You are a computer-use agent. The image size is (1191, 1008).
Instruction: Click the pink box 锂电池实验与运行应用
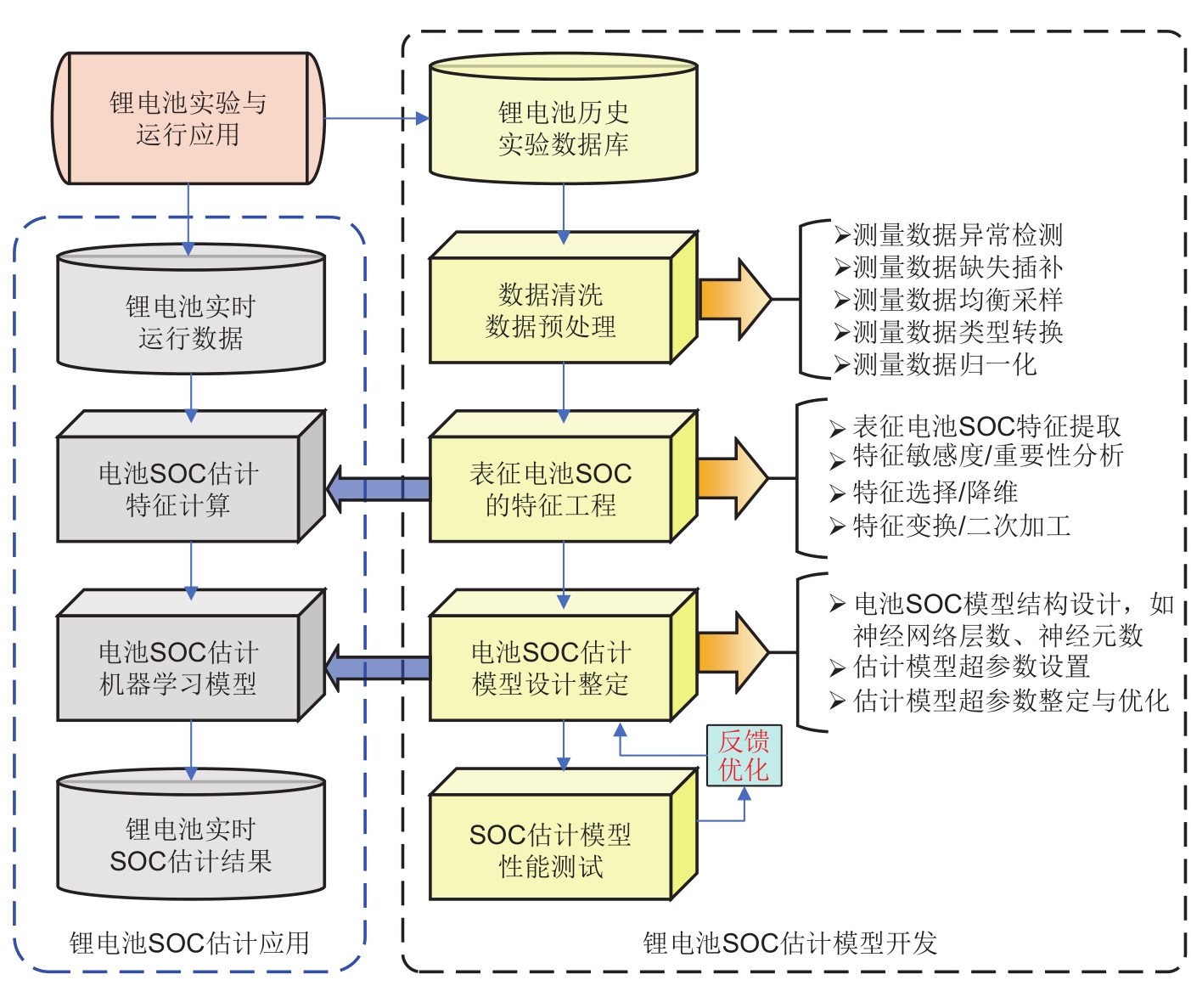(188, 119)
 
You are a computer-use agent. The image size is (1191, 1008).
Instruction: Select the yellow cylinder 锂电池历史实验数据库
(563, 127)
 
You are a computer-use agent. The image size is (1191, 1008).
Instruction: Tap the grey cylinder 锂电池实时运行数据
(190, 322)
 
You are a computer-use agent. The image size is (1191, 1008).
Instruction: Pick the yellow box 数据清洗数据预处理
(550, 310)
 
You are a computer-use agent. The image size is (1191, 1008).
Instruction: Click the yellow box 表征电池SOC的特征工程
(550, 489)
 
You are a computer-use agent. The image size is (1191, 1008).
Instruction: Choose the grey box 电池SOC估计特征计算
(178, 489)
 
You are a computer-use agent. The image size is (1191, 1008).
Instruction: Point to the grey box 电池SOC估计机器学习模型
(178, 668)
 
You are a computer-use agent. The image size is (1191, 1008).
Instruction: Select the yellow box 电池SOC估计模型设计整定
(550, 668)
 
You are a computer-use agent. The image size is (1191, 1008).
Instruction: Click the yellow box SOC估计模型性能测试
(550, 849)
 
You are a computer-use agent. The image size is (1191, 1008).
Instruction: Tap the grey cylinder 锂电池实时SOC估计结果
(190, 845)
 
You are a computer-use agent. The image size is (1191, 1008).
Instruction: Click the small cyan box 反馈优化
(744, 756)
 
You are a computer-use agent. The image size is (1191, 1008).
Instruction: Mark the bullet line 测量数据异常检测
(948, 234)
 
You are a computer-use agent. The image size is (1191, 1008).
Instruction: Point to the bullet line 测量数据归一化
(935, 364)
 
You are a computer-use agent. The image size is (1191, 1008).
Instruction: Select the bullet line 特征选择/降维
(925, 492)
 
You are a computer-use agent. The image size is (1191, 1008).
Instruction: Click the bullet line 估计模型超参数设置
(961, 667)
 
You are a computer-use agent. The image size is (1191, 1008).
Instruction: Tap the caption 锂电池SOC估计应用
(189, 943)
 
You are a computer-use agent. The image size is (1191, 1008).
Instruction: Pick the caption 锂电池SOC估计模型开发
(789, 943)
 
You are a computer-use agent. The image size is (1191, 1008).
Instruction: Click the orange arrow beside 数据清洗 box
(733, 299)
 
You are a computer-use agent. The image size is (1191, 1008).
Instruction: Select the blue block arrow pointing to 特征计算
(379, 489)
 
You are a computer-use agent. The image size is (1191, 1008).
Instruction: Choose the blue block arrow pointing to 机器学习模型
(379, 667)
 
